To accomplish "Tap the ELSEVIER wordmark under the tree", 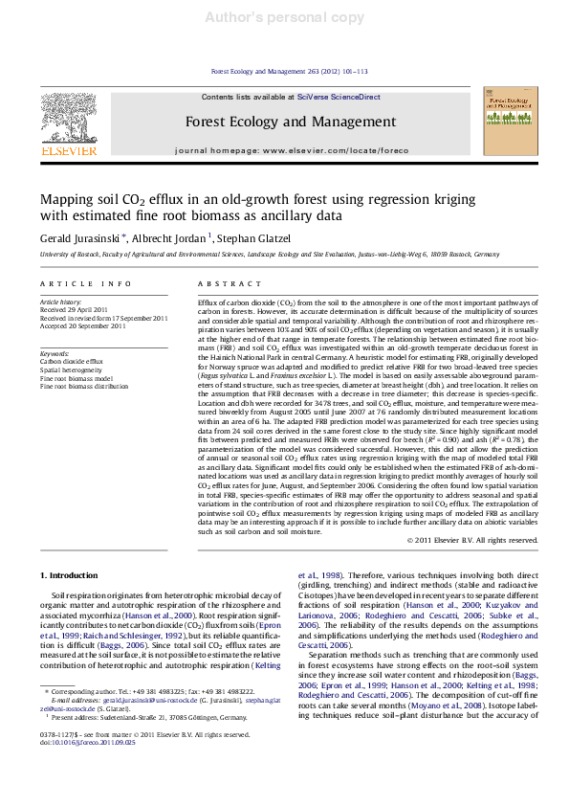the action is [x=69, y=150].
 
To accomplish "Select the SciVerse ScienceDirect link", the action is [x=339, y=97].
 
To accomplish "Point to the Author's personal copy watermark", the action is [x=284, y=17].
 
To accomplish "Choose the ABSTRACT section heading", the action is [x=221, y=285].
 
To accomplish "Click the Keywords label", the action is [x=55, y=352].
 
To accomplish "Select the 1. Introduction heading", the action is [x=75, y=574].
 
